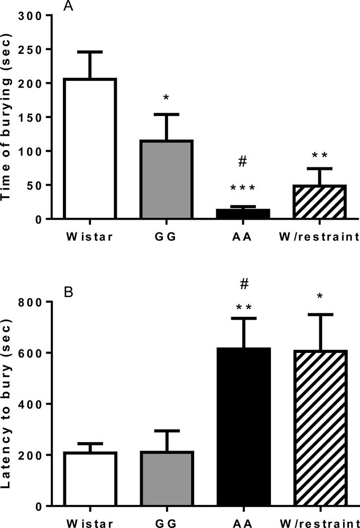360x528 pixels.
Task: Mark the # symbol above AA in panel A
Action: pos(243,161)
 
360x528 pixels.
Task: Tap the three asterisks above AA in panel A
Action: pos(243,189)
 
